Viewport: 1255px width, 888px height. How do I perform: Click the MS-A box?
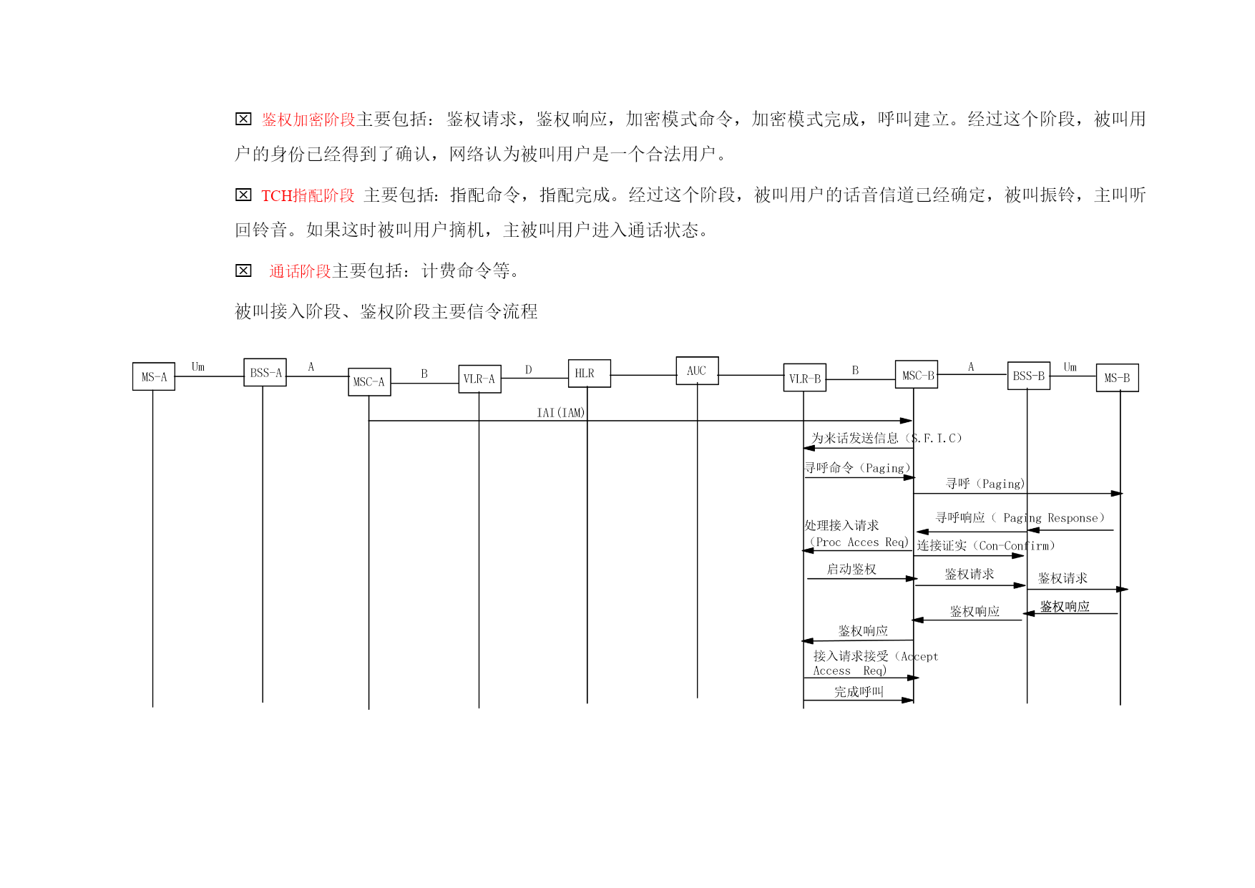[x=154, y=376]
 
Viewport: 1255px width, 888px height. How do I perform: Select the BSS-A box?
[x=265, y=373]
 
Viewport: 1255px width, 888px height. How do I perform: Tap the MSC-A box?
[x=369, y=382]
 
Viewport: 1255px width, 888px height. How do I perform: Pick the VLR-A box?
[x=479, y=379]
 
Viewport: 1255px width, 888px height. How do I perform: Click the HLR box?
[x=590, y=374]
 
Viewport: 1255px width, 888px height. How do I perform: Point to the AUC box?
[x=698, y=371]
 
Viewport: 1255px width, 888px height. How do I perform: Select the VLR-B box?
[x=805, y=379]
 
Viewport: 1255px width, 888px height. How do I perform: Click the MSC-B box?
[x=917, y=375]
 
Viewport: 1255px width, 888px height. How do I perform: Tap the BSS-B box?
[x=1029, y=376]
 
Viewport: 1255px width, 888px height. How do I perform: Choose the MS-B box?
[x=1118, y=378]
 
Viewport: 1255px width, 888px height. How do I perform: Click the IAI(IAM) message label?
[x=561, y=413]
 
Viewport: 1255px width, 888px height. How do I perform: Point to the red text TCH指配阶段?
[x=308, y=195]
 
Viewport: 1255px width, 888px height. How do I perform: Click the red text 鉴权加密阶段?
[x=308, y=119]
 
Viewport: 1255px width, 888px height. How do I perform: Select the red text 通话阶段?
[x=300, y=271]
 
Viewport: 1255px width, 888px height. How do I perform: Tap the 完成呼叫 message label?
[x=859, y=692]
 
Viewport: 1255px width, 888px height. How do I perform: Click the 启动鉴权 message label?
[x=851, y=569]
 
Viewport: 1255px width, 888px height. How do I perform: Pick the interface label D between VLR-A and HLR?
[x=529, y=370]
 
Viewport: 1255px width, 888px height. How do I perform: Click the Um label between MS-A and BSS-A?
[x=198, y=367]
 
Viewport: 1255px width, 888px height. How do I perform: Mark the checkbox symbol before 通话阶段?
[x=243, y=270]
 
